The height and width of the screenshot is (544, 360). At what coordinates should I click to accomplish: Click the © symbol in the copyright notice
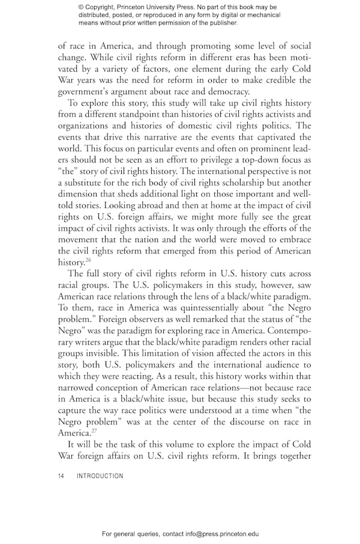click(81, 7)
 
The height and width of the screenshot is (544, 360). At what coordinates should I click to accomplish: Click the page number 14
click(61, 476)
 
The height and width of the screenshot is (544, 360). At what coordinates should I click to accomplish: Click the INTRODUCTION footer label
click(100, 476)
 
